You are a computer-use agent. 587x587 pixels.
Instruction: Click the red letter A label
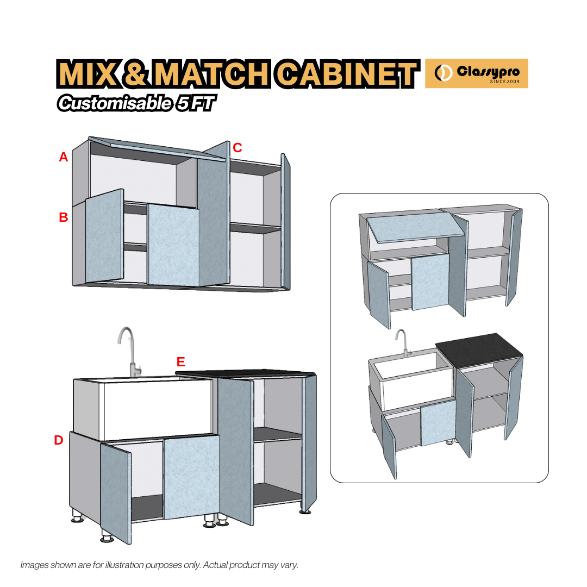[64, 158]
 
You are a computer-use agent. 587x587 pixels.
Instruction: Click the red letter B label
[64, 217]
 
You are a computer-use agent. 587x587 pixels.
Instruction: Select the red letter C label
[238, 147]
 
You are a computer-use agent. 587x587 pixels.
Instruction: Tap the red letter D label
[59, 441]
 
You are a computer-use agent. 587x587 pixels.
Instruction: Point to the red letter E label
[181, 362]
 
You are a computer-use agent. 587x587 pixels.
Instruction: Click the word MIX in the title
[88, 74]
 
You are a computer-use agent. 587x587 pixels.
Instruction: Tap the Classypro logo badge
[476, 73]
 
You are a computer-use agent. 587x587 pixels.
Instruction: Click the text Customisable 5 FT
[134, 103]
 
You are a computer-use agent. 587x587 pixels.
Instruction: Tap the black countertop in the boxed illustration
[479, 351]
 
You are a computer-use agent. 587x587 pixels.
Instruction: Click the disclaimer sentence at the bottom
[159, 565]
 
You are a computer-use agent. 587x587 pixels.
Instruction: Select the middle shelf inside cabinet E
[278, 433]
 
